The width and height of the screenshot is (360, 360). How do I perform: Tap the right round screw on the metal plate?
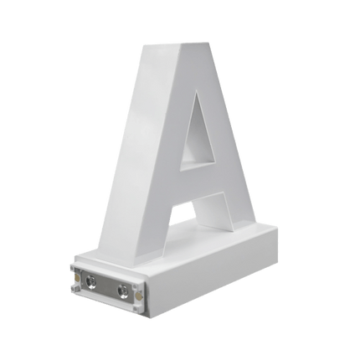[x=122, y=291]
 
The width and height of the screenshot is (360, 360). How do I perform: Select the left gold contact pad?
[x=76, y=277]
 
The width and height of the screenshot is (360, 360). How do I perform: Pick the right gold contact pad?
[x=136, y=296]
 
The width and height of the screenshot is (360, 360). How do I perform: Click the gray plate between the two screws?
[x=106, y=285]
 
